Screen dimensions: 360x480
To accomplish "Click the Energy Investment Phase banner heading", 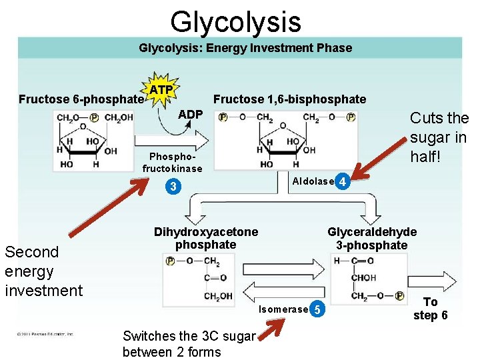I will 245,48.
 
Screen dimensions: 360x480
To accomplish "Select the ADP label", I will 190,115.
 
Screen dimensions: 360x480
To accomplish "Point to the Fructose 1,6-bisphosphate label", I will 289,99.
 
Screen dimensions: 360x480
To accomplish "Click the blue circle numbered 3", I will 173,187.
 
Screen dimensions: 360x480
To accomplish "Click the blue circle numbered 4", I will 342,181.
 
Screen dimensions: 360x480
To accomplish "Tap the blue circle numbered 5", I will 318,309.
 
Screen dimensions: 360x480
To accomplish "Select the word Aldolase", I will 313,181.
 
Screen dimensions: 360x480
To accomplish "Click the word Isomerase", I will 283,309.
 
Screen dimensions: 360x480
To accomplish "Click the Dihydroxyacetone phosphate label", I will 205,239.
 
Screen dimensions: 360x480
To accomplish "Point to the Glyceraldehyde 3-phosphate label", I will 371,239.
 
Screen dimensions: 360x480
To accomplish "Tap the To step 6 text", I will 430,309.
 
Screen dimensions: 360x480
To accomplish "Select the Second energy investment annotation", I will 43,271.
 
